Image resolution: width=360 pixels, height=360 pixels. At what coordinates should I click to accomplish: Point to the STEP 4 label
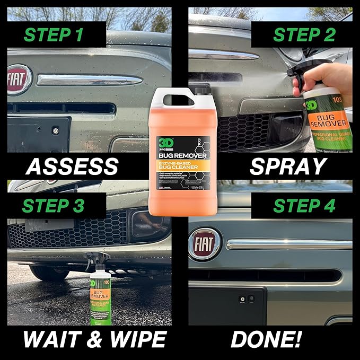[x=304, y=205]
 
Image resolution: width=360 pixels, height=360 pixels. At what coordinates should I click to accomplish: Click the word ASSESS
[x=72, y=166]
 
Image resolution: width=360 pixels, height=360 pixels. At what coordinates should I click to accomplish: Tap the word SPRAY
[x=288, y=166]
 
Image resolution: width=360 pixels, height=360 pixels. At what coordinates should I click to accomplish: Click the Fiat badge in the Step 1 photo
[x=19, y=80]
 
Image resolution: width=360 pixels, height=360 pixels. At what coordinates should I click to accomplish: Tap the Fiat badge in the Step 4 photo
[x=205, y=244]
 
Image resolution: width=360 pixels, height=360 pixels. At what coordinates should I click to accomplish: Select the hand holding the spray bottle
[x=334, y=80]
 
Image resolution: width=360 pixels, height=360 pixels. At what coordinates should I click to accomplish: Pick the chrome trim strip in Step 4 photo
[x=289, y=244]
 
